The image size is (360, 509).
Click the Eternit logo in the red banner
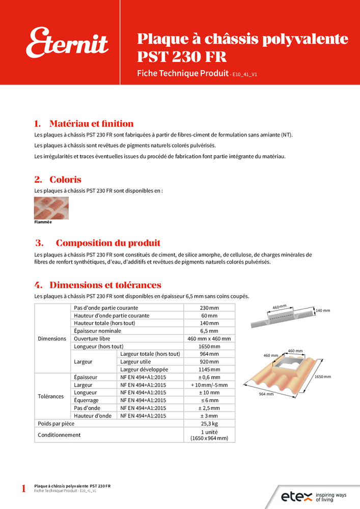[x=67, y=43]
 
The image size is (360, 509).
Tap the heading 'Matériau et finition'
[x=91, y=124]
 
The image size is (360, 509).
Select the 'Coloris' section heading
[x=65, y=180]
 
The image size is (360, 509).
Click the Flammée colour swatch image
[x=51, y=208]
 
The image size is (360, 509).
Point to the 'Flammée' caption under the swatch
[x=43, y=222]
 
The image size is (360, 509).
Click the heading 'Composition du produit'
[x=108, y=243]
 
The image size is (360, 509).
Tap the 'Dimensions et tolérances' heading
[x=105, y=285]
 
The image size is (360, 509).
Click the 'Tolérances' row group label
[x=51, y=397]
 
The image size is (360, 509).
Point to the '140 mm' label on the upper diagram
[x=323, y=310]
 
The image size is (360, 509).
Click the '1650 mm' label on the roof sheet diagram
[x=322, y=377]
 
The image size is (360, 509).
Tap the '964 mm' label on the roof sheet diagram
[x=266, y=394]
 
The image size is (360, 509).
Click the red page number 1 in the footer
[x=23, y=489]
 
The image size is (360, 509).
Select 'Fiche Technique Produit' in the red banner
[x=182, y=73]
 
